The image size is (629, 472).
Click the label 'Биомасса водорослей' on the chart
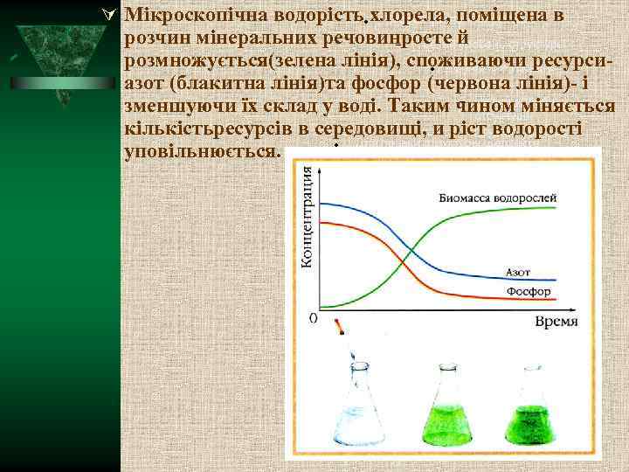498,198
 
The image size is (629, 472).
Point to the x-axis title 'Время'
556,321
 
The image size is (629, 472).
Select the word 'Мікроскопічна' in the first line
183,16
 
